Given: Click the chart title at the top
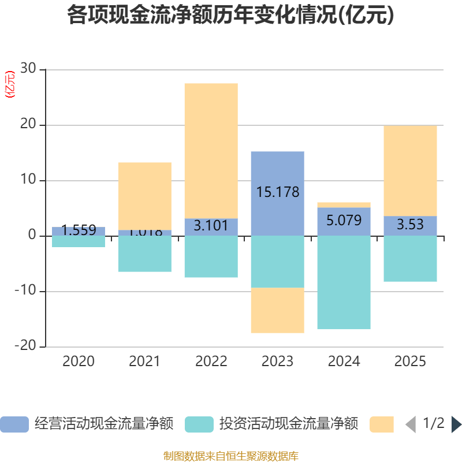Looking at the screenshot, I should point(230,15).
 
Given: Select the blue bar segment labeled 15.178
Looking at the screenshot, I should point(277,173).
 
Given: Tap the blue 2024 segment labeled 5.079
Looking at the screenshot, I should point(344,221).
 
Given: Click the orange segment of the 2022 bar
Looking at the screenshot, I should point(211,150).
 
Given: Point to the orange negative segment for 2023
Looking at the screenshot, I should point(277,310).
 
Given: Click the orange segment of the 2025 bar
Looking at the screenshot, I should point(410,170).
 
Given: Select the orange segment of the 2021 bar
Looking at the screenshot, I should point(144,196).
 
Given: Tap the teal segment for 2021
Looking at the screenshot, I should point(144,254).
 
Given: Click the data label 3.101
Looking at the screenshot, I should point(211,225).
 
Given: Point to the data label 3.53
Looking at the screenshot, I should point(410,225).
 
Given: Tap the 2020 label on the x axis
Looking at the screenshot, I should point(78,362).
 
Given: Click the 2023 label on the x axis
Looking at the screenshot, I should point(277,362).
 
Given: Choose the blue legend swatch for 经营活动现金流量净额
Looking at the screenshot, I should point(14,424).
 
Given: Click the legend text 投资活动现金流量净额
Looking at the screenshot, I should point(289,424).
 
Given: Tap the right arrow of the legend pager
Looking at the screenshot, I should point(456,424).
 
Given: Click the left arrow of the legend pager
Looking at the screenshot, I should point(411,424).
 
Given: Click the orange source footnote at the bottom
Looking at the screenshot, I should point(230,456).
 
